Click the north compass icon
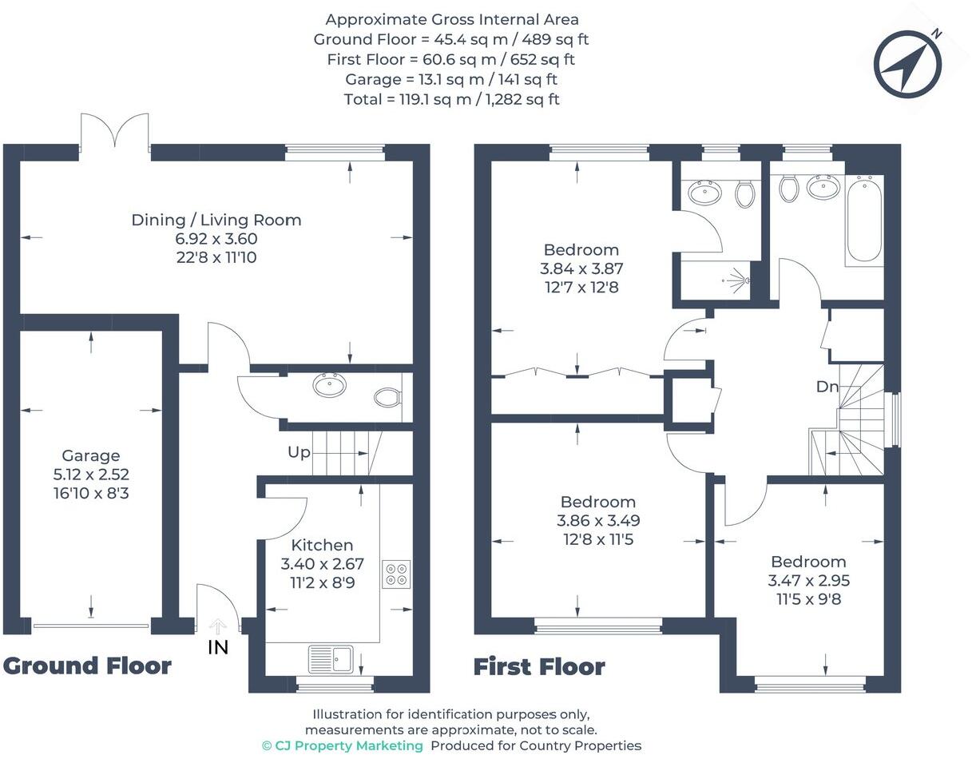tap(907, 63)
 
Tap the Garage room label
tap(91, 455)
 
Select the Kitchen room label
tap(322, 546)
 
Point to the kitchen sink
tap(331, 659)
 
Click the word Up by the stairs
tap(299, 452)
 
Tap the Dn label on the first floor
tap(827, 387)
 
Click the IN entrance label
tap(218, 647)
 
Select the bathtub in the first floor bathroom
tap(863, 220)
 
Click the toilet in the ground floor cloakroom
tap(388, 396)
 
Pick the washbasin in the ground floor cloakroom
tap(330, 386)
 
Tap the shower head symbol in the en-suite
tap(739, 280)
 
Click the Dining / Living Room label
tap(216, 220)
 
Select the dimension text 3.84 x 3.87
tap(581, 269)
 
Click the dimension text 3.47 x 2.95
tap(807, 581)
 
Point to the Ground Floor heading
tap(87, 666)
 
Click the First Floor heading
tap(539, 666)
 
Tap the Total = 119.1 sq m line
tap(451, 99)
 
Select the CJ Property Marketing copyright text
tap(343, 745)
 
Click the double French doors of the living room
tap(115, 132)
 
